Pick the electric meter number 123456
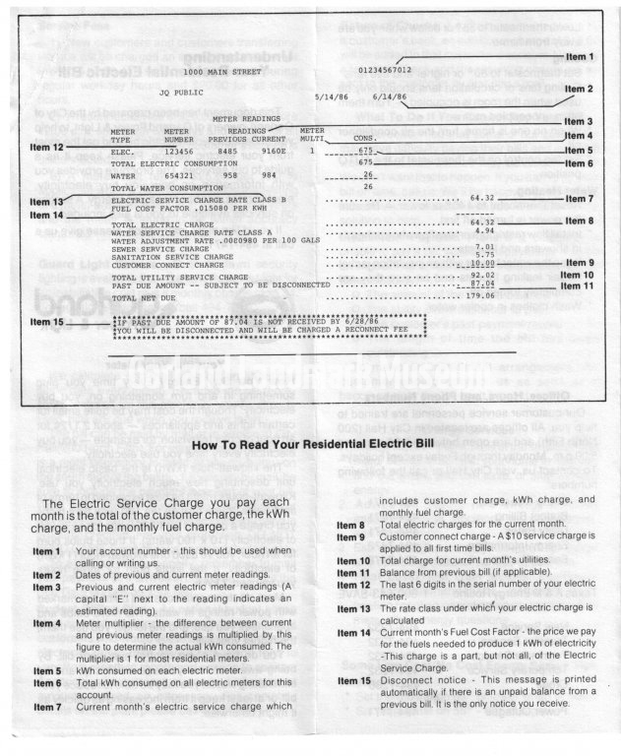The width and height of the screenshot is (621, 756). [x=178, y=152]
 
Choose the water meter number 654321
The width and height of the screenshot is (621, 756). [x=178, y=174]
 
